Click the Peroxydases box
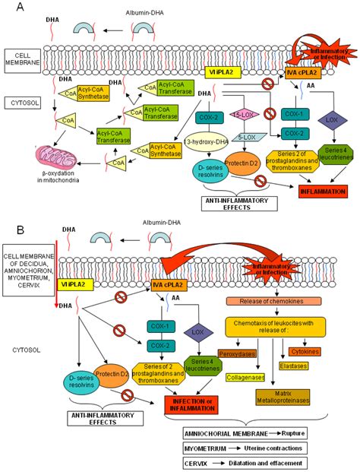pyautogui.click(x=235, y=353)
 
